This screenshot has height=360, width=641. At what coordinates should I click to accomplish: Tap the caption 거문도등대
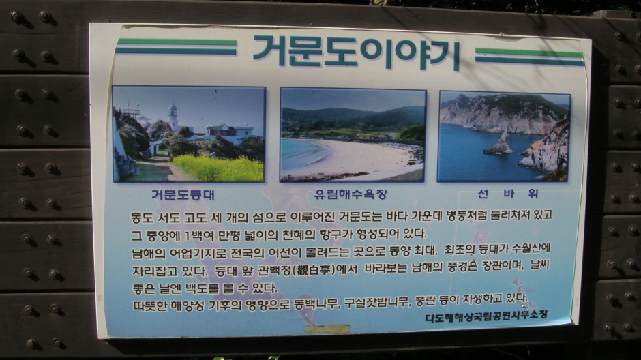[183, 195]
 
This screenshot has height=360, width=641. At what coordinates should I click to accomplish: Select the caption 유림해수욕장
[351, 194]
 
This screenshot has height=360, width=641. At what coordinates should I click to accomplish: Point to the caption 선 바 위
[507, 193]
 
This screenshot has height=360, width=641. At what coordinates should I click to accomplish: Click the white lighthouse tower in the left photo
[173, 116]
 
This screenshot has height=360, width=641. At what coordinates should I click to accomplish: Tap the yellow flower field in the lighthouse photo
[219, 168]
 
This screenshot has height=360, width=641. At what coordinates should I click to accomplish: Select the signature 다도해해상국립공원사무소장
[486, 316]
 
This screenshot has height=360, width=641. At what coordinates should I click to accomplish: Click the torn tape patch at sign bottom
[327, 329]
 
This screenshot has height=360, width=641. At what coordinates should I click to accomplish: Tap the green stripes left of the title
[176, 46]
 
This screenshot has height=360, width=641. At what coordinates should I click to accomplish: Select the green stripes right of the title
[530, 57]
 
